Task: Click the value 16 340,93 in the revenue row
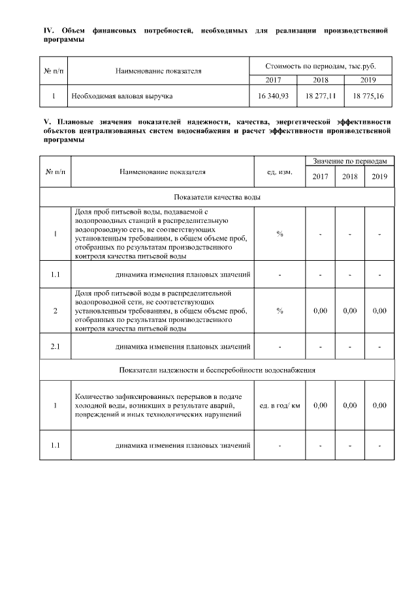click(273, 96)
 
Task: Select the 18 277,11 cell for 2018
click(320, 96)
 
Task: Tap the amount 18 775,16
click(368, 96)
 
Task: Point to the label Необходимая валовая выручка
click(122, 96)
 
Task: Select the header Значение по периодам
click(349, 160)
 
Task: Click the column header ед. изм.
click(280, 172)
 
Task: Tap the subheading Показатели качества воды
click(217, 197)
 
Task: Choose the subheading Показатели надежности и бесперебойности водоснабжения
click(217, 370)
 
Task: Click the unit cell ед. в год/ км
click(280, 406)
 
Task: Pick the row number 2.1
click(56, 346)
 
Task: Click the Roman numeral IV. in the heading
click(48, 31)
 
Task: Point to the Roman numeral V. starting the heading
click(46, 121)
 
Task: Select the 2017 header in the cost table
click(273, 80)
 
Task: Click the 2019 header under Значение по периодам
click(379, 177)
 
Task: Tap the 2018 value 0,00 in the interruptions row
click(349, 406)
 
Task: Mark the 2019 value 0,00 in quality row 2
click(379, 311)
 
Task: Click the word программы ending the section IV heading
click(64, 39)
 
